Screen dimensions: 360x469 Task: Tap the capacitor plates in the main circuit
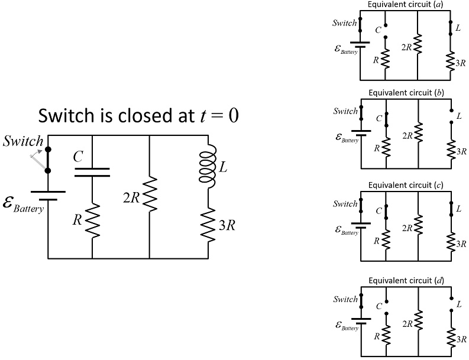[x=92, y=171]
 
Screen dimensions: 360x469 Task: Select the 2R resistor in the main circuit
[x=150, y=195]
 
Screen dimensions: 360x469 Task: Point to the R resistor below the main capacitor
[x=92, y=219]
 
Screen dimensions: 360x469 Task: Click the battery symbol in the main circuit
[x=48, y=194]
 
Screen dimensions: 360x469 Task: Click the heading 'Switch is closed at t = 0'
[x=138, y=116]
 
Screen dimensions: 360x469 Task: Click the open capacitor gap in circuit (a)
[x=385, y=31]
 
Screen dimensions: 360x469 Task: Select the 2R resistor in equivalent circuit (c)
[x=418, y=228]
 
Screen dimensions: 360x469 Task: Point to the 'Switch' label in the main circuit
[x=23, y=141]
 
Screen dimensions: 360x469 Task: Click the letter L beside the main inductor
[x=223, y=167]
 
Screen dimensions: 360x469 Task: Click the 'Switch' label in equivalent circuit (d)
[x=345, y=299]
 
